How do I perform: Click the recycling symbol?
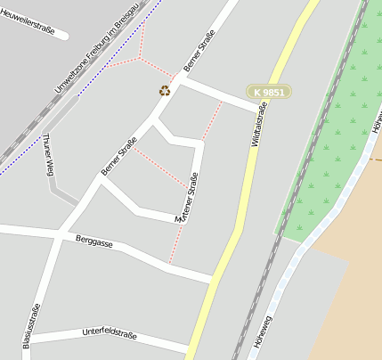165,90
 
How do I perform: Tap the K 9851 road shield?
269,92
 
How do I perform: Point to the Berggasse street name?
93,240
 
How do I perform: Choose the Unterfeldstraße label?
109,335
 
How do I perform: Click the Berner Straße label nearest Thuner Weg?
118,157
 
